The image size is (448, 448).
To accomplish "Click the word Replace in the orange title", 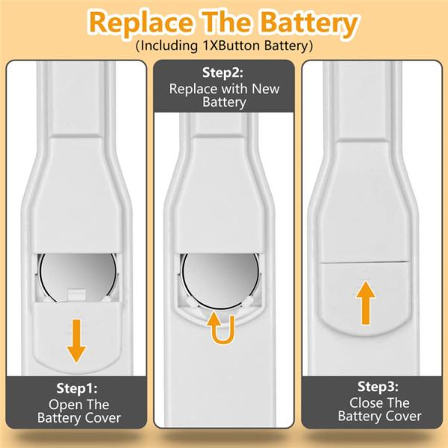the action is (x=141, y=22).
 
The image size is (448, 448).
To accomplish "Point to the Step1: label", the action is (x=77, y=388).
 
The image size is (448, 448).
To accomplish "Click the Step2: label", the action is (x=223, y=72).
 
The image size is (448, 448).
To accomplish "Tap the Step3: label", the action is (x=378, y=387).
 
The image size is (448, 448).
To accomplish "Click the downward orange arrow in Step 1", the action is (x=76, y=341).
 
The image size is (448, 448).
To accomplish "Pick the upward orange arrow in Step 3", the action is (x=366, y=303).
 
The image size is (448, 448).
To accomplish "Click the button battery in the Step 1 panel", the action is (x=78, y=276).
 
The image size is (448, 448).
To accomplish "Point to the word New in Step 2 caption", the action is (x=265, y=89).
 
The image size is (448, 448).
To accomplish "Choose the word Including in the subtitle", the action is (x=169, y=46).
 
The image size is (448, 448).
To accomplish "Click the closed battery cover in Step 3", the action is (x=364, y=298).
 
